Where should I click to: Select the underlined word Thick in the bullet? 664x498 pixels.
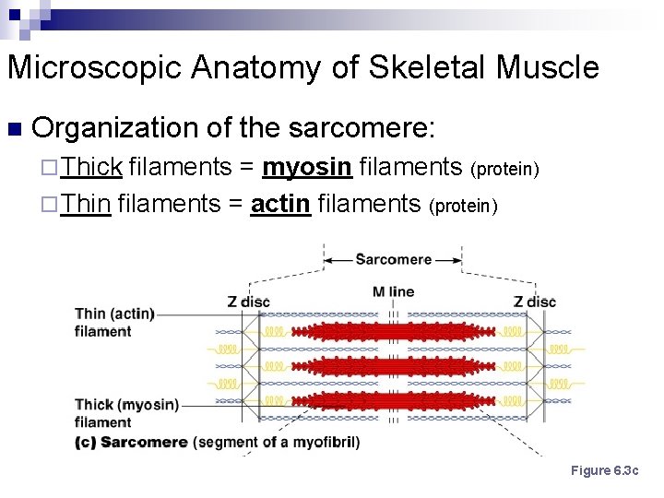[x=92, y=167]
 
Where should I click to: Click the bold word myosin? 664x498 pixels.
[x=307, y=167]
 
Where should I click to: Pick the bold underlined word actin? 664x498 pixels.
[x=279, y=203]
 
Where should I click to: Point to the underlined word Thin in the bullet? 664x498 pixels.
[x=87, y=203]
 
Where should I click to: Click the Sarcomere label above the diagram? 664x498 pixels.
[x=393, y=259]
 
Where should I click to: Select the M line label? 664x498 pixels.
[x=393, y=292]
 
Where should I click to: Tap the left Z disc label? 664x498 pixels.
[x=248, y=301]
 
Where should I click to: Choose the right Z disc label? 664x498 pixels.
[x=535, y=301]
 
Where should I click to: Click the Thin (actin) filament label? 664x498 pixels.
[x=114, y=322]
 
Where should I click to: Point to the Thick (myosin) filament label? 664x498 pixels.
[x=126, y=412]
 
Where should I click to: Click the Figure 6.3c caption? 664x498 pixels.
[x=604, y=471]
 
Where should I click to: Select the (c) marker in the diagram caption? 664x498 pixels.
[x=86, y=443]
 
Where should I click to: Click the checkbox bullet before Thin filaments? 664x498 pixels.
[x=51, y=204]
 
